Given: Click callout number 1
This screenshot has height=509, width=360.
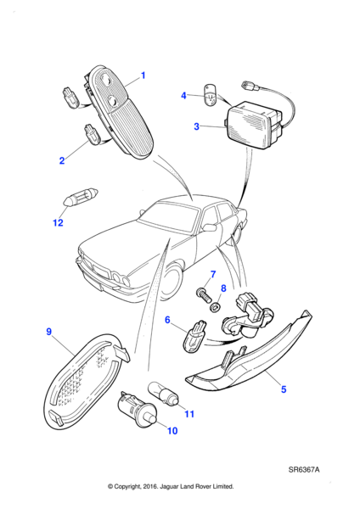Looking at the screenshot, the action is click(x=143, y=76).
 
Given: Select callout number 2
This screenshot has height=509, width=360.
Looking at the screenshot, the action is click(x=62, y=160).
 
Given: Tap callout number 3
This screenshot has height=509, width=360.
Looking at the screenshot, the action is click(x=196, y=126).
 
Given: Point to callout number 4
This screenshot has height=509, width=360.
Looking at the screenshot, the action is click(x=183, y=96).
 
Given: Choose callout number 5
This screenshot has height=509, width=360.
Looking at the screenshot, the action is click(x=284, y=389).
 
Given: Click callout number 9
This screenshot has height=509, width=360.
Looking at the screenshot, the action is click(x=48, y=332).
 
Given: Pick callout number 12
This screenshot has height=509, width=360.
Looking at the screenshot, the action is click(x=58, y=222).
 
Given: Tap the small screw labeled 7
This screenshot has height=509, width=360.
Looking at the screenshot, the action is click(x=204, y=295).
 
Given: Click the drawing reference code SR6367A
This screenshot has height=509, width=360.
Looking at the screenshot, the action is click(x=304, y=470).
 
